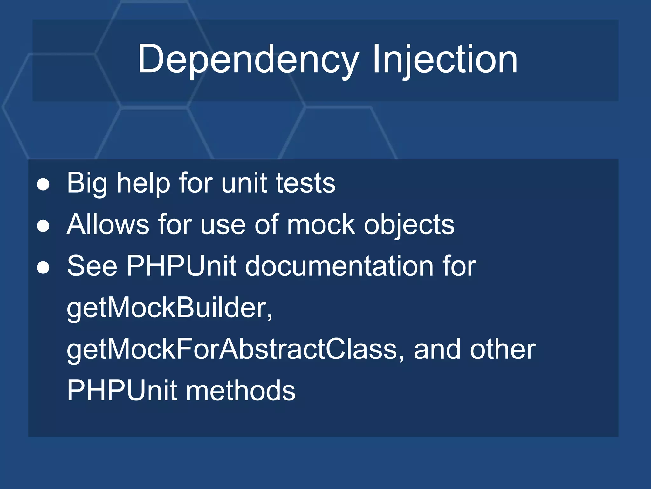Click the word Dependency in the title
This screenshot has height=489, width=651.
(x=248, y=60)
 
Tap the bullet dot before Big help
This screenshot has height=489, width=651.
(x=43, y=184)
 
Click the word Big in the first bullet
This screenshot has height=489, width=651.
(x=87, y=183)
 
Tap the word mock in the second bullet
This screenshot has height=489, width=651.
(x=321, y=224)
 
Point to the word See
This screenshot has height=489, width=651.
(x=92, y=266)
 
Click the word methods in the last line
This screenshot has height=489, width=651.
(x=241, y=391)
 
